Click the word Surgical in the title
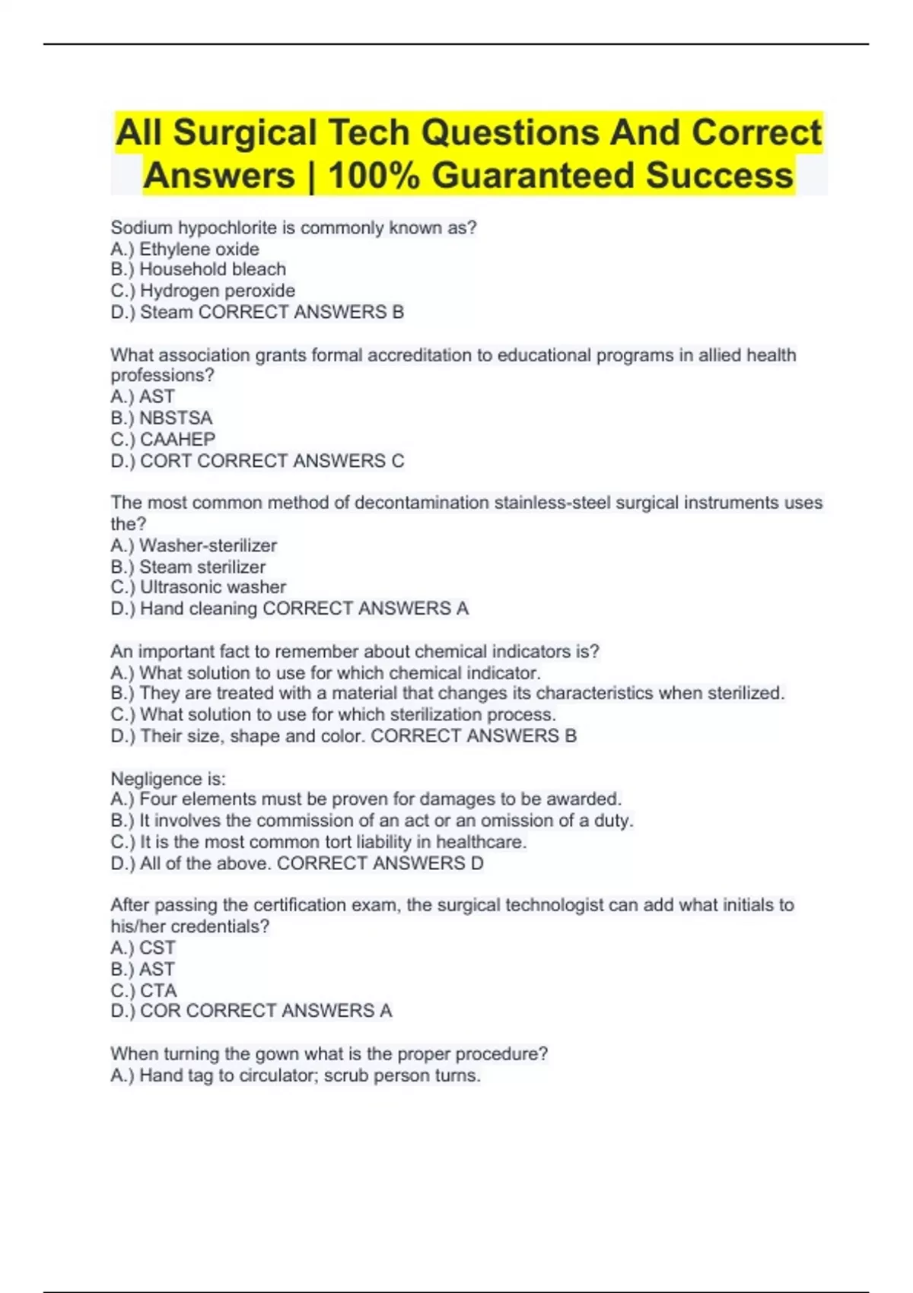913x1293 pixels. (x=244, y=132)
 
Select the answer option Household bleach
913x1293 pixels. (x=212, y=269)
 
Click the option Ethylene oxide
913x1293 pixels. (x=199, y=249)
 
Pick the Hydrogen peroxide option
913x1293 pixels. (x=217, y=291)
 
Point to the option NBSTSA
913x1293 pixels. (x=175, y=418)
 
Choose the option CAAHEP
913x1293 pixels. (x=177, y=439)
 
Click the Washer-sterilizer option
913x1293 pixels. (x=208, y=545)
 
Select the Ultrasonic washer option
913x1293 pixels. (x=212, y=587)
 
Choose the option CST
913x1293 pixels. (x=157, y=948)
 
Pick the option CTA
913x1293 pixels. (x=157, y=990)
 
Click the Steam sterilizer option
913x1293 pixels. (x=202, y=567)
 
